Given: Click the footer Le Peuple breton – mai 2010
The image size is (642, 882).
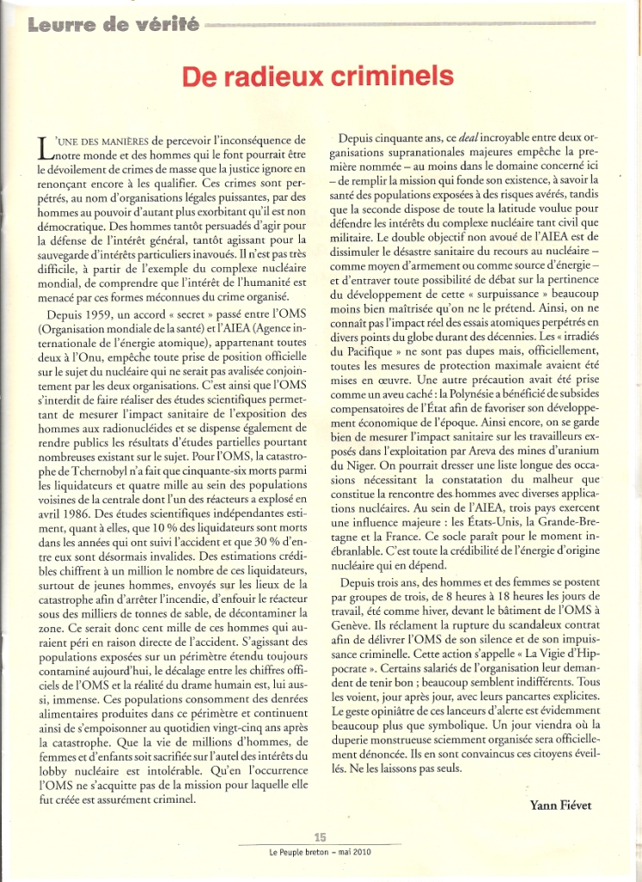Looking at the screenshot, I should (320, 853).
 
